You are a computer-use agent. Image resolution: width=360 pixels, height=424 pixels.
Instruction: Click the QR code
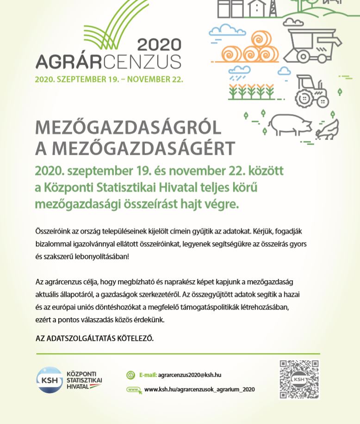coord(299,380)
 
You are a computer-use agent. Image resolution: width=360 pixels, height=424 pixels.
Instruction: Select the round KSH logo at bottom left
coord(49,380)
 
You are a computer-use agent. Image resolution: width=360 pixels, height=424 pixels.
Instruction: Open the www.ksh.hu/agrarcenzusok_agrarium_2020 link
coord(199,389)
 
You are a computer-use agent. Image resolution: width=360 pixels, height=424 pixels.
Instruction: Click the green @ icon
coord(131,375)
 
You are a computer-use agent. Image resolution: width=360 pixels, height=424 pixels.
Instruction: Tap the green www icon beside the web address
coord(133,389)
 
